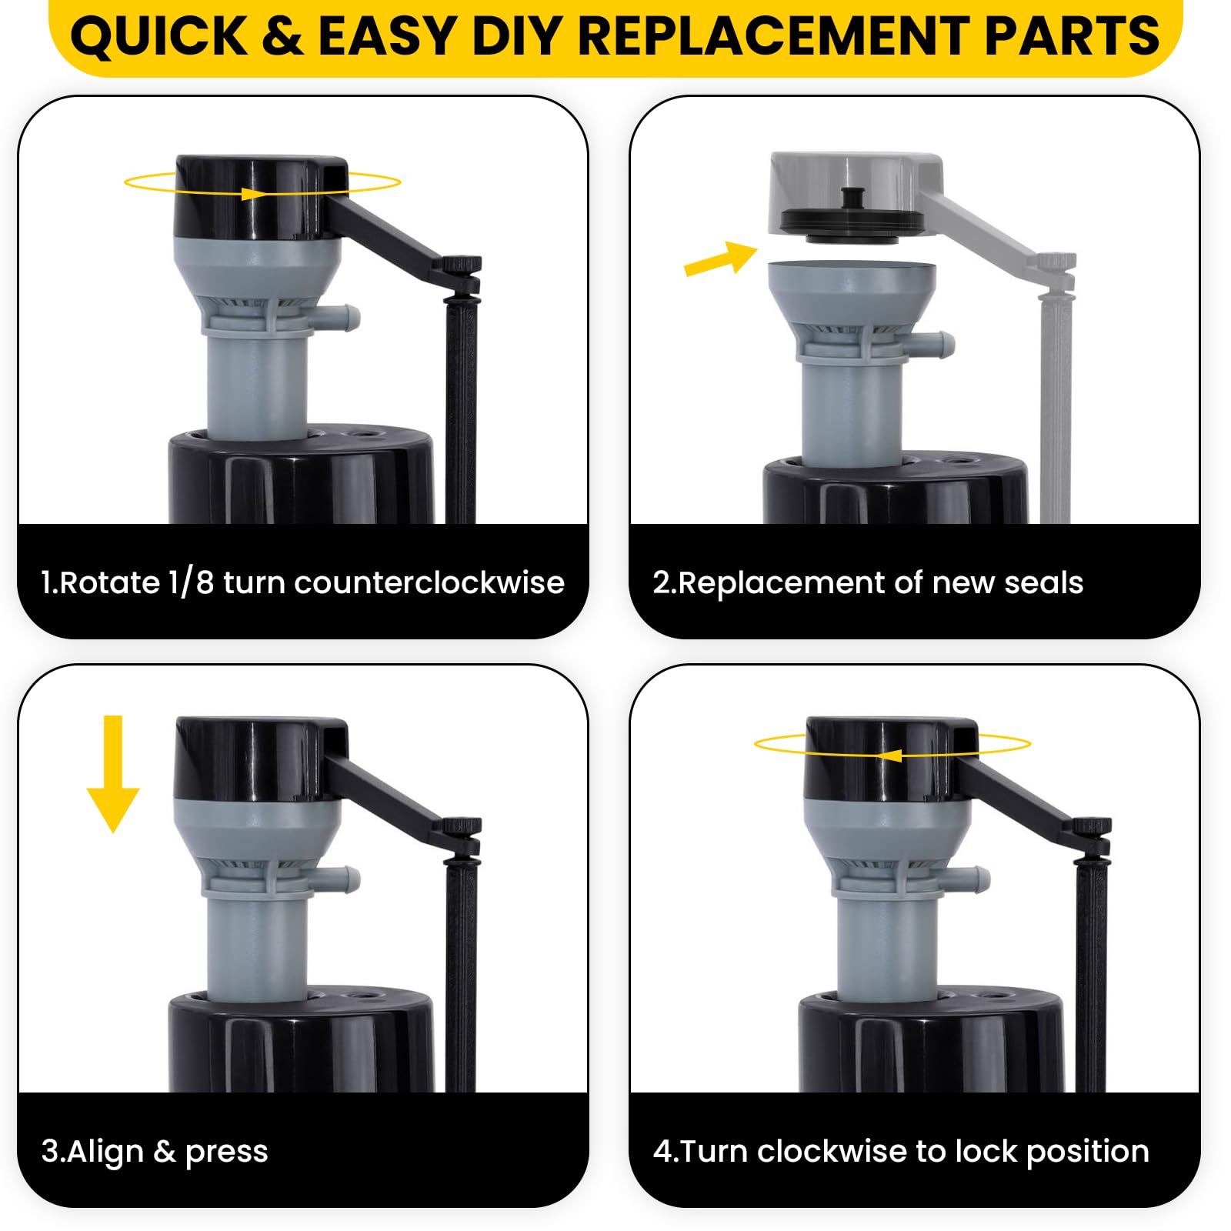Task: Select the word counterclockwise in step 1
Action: [429, 582]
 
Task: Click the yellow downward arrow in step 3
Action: [113, 773]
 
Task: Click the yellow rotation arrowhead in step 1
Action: [253, 193]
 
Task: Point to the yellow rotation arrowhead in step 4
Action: [889, 755]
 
